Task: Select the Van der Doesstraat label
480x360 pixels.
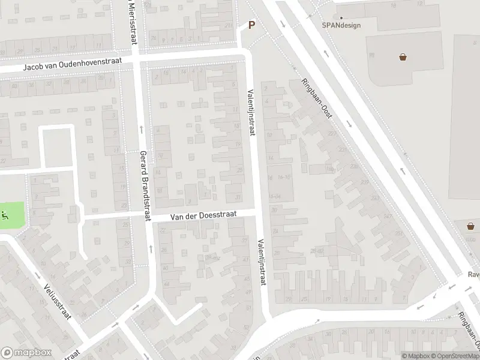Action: pos(203,214)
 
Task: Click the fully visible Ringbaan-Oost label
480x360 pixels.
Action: pos(317,99)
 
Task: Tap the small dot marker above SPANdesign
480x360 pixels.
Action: pos(342,17)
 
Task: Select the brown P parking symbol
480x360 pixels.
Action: pos(252,25)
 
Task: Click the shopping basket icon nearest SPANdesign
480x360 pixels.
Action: pos(403,57)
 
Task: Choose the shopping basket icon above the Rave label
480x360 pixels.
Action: pos(471,226)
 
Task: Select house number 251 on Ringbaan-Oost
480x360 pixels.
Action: pos(399,233)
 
